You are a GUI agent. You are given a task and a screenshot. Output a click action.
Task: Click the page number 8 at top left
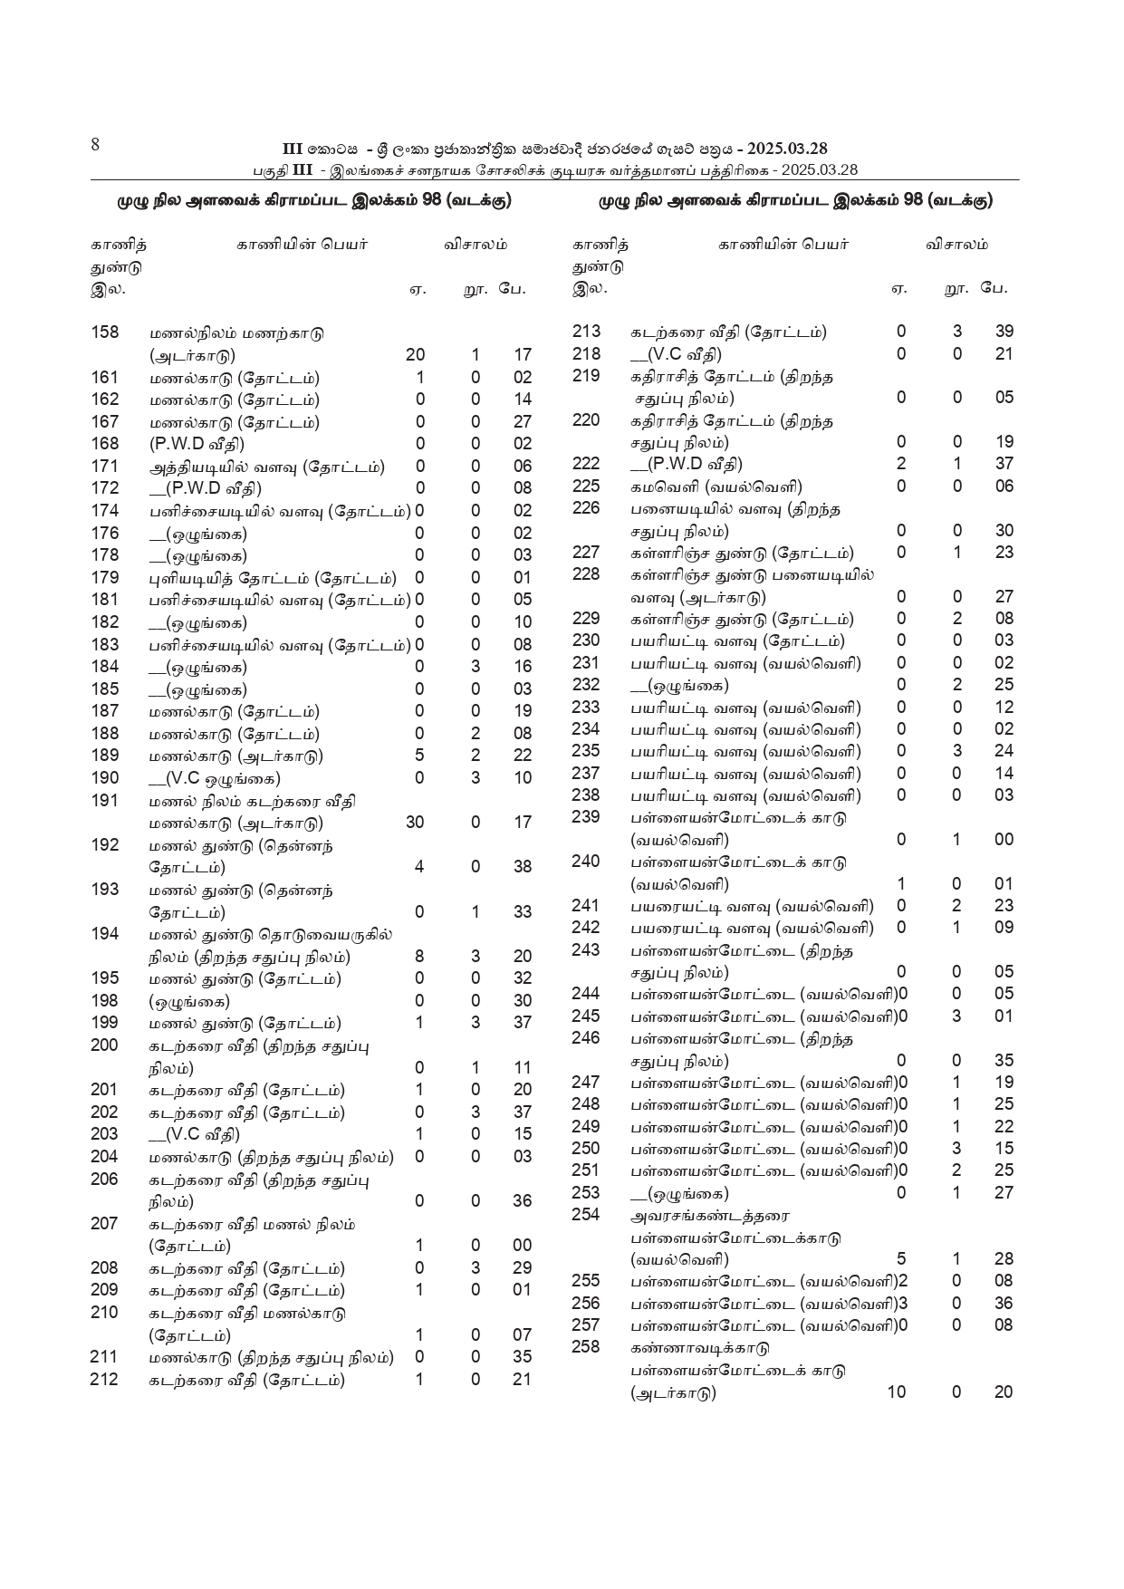coord(95,145)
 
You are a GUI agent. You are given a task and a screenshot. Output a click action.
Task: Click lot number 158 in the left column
coord(105,332)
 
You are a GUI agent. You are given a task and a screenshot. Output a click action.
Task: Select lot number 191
coord(105,800)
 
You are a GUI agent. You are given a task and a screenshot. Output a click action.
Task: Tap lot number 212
coord(105,1380)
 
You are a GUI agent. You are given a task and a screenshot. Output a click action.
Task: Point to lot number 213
coord(587,332)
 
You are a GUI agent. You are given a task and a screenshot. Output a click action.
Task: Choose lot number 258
coord(587,1347)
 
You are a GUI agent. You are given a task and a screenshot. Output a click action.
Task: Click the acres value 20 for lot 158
coord(415,355)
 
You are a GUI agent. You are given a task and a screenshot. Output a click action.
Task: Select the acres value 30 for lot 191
coord(415,823)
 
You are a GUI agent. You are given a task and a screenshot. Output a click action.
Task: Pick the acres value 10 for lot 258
coord(896,1392)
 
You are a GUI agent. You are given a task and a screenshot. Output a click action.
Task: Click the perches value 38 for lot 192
coord(523,867)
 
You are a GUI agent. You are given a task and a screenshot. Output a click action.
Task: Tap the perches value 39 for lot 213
coord(1004,332)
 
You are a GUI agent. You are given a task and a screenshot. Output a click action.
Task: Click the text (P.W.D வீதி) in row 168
coord(197,444)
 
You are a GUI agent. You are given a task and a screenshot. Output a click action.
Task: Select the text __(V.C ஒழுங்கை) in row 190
coord(215,778)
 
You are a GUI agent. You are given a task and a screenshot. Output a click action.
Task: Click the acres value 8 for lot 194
coord(419,957)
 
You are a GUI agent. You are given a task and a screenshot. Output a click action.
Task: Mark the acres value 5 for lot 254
coord(901,1258)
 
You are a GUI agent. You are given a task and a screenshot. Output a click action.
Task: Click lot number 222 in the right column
coord(587,464)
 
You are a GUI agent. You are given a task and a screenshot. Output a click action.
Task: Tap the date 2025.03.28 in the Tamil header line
coord(819,170)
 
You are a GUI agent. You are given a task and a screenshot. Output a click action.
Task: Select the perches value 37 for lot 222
coord(1004,464)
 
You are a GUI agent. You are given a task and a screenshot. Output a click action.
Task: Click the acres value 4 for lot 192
coord(419,867)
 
